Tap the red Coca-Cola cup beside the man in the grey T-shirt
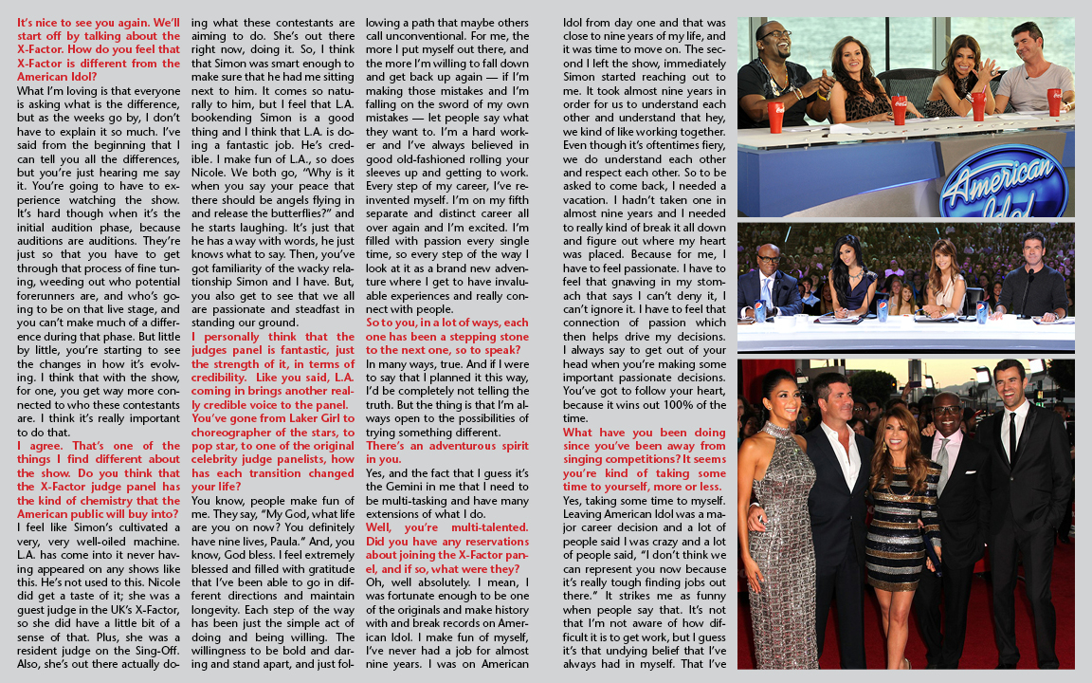click(x=1054, y=101)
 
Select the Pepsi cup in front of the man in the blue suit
click(x=758, y=311)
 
